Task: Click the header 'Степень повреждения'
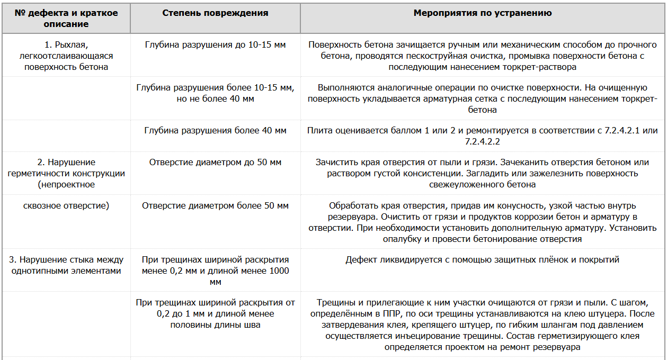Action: tap(215, 13)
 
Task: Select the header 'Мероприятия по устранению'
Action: tap(483, 13)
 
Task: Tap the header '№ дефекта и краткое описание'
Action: tap(66, 19)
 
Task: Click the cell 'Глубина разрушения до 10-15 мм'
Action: tap(215, 45)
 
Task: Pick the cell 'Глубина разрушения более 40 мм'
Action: tap(215, 130)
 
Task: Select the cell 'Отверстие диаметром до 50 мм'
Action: tap(215, 163)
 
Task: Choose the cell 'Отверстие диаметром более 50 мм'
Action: tap(215, 205)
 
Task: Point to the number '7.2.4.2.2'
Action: tap(483, 141)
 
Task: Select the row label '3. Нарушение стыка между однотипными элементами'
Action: tap(66, 265)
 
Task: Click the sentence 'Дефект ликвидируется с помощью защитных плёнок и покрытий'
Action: tap(483, 260)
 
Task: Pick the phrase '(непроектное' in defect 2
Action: tap(66, 184)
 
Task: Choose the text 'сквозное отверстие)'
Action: tap(66, 205)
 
